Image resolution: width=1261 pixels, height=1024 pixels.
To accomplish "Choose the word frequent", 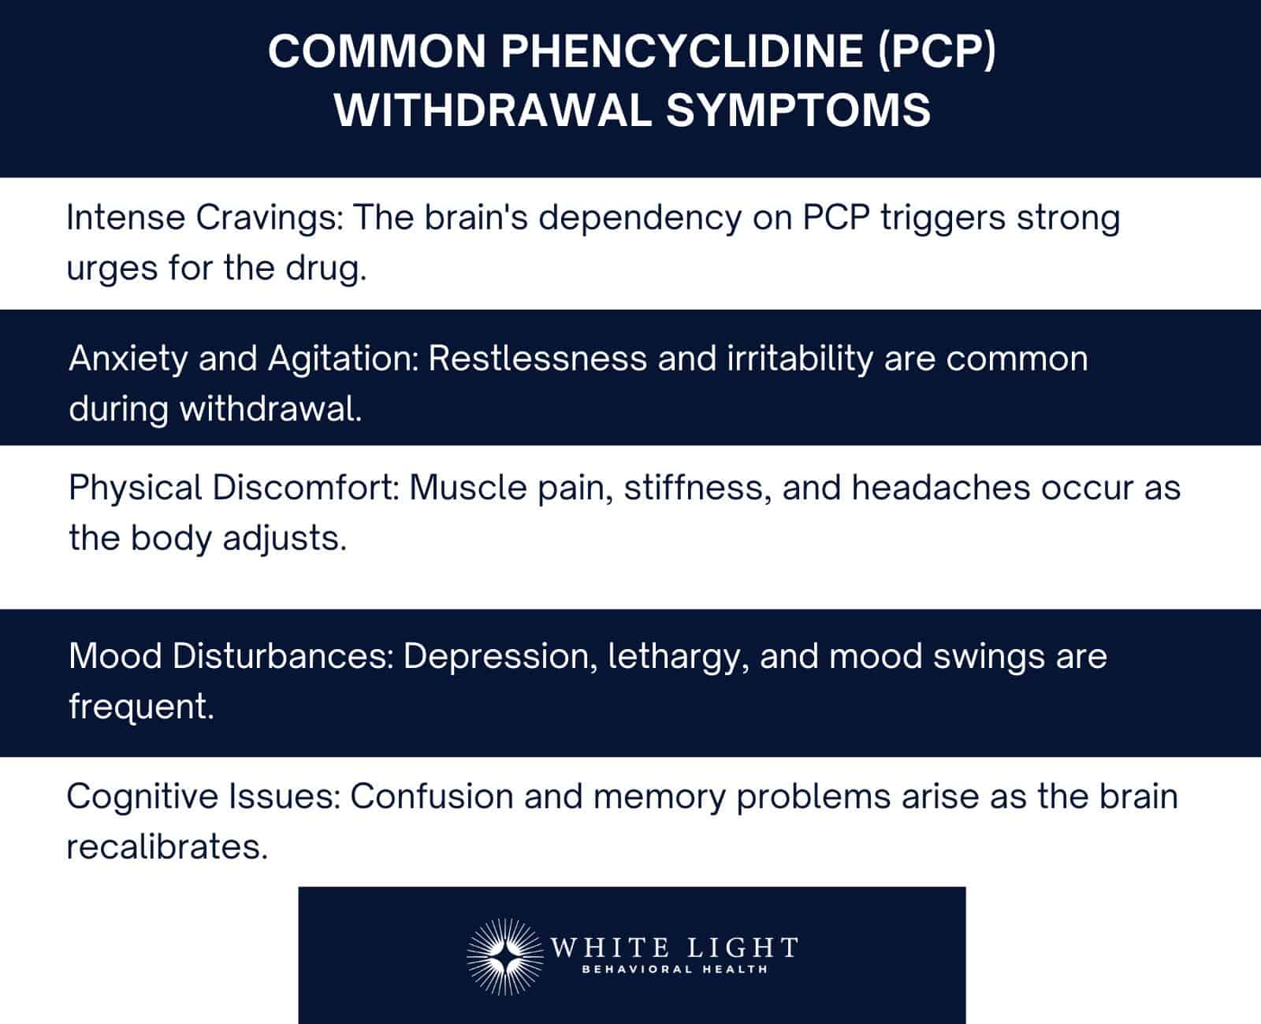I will point(141,707).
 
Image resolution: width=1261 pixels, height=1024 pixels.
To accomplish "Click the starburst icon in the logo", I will point(503,955).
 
